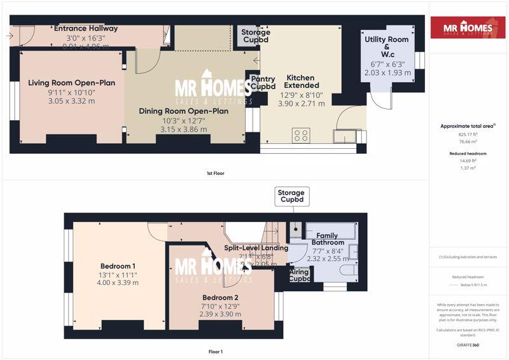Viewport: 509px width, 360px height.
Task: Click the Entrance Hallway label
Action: pyautogui.click(x=86, y=29)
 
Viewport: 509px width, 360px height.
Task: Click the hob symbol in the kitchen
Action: pyautogui.click(x=300, y=135)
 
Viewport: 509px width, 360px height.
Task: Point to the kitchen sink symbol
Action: pyautogui.click(x=347, y=135)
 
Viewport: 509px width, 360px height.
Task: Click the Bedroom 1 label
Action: pyautogui.click(x=118, y=266)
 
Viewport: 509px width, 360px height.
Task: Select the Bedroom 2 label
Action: pyautogui.click(x=221, y=298)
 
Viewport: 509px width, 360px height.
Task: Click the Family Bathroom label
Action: pyautogui.click(x=328, y=239)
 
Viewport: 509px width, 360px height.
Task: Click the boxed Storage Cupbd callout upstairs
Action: pyautogui.click(x=291, y=197)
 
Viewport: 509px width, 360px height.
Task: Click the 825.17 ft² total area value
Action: pyautogui.click(x=468, y=135)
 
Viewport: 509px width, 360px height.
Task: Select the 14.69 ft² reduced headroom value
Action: pyautogui.click(x=468, y=162)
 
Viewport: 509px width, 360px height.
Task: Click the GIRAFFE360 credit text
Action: pyautogui.click(x=468, y=344)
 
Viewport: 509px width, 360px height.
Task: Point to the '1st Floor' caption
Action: pyautogui.click(x=215, y=173)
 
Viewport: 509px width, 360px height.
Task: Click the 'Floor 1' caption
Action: pyautogui.click(x=215, y=351)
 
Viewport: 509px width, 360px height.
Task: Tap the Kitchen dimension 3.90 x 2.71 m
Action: pyautogui.click(x=300, y=102)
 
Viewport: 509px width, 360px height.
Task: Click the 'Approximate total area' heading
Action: pyautogui.click(x=468, y=126)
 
